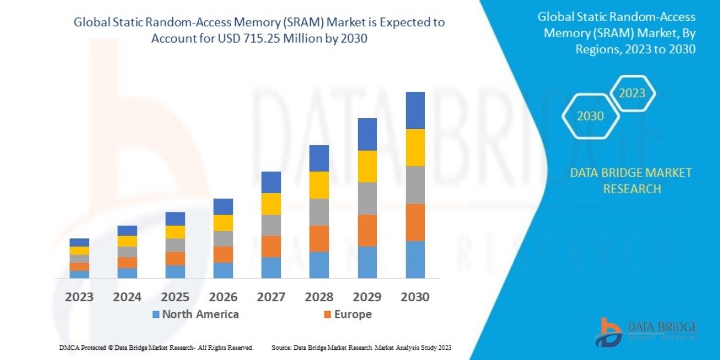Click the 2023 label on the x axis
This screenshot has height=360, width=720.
79,297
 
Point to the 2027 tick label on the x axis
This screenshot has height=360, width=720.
271,297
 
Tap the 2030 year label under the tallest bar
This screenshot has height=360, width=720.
415,297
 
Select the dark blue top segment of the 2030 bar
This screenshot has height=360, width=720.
415,110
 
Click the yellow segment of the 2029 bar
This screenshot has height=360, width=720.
367,166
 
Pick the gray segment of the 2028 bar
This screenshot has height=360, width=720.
319,212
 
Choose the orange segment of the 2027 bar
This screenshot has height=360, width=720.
271,246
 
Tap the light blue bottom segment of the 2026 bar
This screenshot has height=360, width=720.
223,271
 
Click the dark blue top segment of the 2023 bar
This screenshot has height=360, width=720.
79,242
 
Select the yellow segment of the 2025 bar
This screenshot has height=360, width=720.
175,232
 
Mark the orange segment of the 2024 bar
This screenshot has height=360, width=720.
127,262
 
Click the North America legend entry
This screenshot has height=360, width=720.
195,314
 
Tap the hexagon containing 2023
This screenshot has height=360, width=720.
632,94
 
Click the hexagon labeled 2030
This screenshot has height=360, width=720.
590,116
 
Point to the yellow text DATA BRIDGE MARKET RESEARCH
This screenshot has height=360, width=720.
631,181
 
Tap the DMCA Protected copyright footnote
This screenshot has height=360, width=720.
156,347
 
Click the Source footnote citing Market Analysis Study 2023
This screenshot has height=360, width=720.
361,347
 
